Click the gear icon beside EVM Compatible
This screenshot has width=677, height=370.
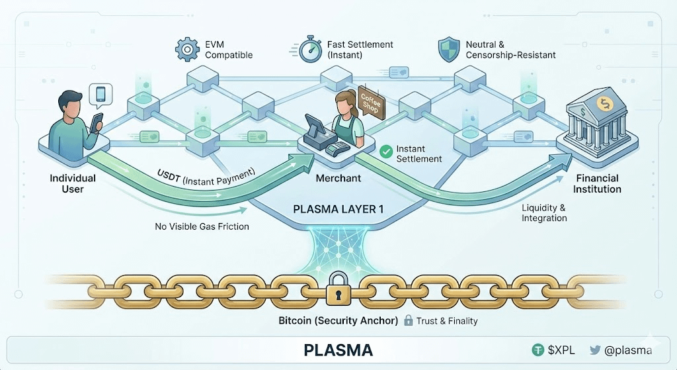tap(186, 50)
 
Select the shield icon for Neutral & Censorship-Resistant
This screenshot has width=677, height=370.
tap(449, 50)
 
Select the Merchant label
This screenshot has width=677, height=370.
tap(338, 178)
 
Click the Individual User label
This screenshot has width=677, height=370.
tap(73, 183)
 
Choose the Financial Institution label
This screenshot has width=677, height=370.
tap(598, 183)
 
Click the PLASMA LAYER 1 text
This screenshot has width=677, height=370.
tap(338, 209)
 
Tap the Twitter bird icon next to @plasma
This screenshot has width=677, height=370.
tap(595, 350)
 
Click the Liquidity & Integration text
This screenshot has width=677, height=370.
tap(543, 212)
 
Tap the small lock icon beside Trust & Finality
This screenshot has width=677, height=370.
tap(409, 320)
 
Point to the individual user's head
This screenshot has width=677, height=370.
tap(70, 105)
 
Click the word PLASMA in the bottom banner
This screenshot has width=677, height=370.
tap(338, 349)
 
